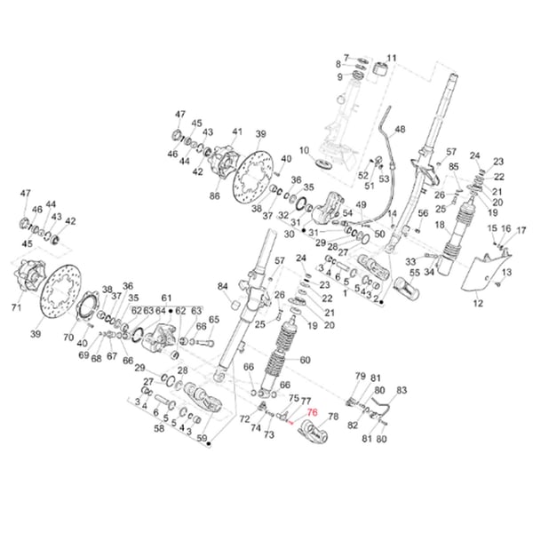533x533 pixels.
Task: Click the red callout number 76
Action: pos(311,412)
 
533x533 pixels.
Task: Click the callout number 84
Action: pos(223,286)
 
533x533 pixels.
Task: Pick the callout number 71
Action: pos(15,308)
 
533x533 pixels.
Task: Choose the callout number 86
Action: pos(214,195)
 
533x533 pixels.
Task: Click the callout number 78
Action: pos(333,417)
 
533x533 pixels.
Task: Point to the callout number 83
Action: pos(401,390)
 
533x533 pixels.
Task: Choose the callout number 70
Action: pos(68,338)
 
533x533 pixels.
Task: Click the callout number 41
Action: pos(236,132)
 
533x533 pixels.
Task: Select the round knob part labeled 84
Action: pos(237,305)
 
